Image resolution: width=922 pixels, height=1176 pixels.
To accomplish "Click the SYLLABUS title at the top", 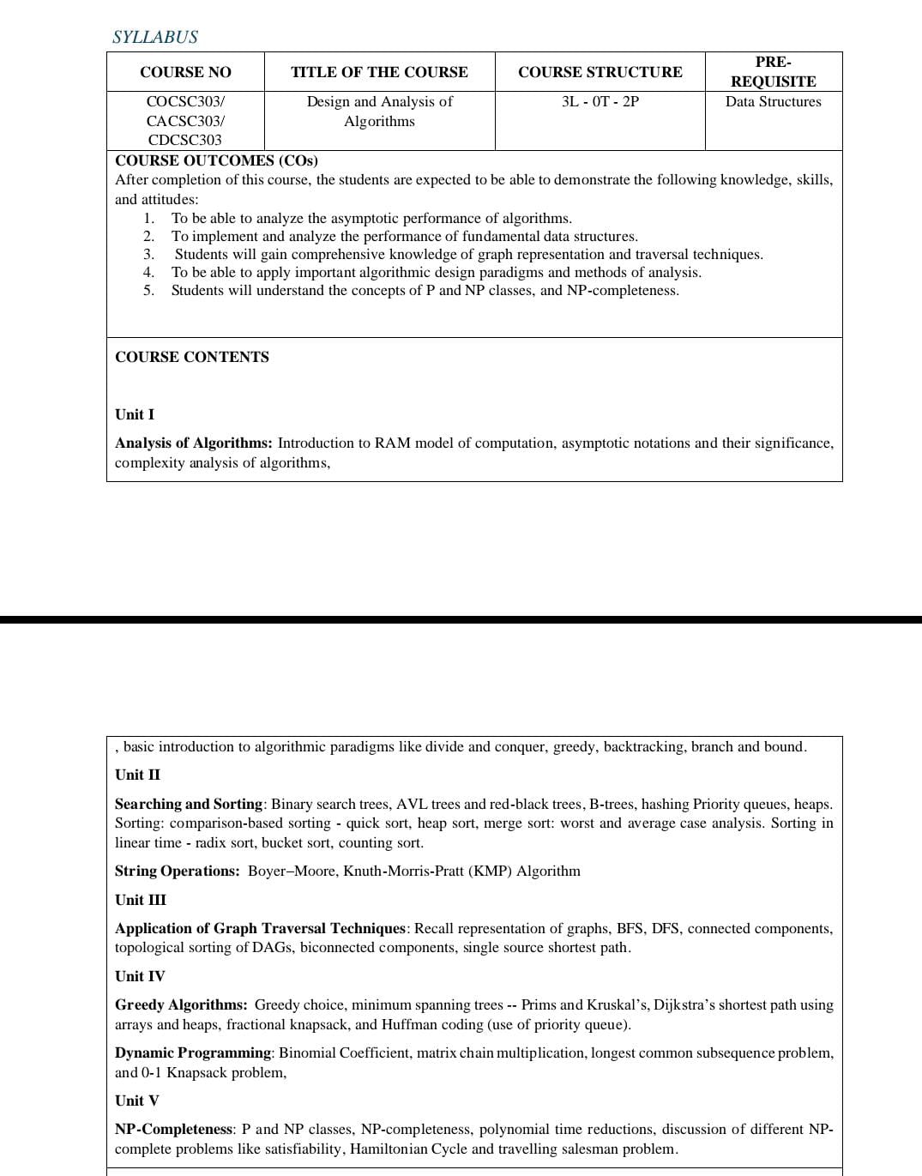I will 154,37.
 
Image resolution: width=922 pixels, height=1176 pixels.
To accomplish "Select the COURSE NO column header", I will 185,72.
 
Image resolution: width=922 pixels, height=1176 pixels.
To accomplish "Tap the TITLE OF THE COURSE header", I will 379,72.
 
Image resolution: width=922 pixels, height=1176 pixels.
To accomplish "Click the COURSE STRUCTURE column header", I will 600,72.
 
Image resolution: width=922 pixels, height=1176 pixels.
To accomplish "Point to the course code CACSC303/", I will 185,121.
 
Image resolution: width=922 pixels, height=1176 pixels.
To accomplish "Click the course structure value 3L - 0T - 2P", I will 600,101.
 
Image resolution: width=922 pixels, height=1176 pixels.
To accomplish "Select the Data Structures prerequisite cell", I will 773,101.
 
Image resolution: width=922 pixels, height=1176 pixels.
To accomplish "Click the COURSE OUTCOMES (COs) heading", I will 216,160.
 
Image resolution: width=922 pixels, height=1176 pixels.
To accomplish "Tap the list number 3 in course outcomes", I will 148,254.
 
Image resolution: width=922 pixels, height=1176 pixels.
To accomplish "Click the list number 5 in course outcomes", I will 148,290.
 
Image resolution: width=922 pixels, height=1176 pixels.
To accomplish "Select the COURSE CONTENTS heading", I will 191,357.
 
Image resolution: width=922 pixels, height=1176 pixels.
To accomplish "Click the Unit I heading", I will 135,414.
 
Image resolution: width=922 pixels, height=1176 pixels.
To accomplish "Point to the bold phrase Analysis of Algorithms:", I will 193,443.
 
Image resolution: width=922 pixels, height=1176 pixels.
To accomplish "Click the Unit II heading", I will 137,775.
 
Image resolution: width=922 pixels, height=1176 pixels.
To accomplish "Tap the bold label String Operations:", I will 177,871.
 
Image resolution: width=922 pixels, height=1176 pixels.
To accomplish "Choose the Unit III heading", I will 141,900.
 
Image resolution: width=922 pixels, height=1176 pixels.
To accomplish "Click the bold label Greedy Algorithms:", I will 181,1004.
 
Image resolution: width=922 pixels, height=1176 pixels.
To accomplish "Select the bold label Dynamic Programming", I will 192,1052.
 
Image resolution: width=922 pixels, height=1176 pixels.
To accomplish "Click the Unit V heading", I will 136,1101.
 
